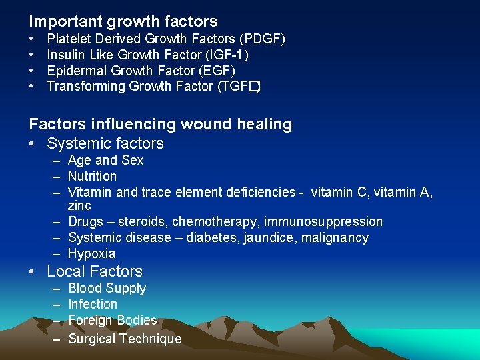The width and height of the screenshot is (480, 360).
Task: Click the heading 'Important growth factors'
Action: click(123, 21)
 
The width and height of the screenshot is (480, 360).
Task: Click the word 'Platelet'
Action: click(68, 39)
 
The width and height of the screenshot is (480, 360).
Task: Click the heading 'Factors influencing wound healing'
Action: click(160, 124)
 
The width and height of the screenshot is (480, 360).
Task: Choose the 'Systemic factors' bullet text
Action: click(105, 143)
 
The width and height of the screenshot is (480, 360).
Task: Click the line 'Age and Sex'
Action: click(105, 160)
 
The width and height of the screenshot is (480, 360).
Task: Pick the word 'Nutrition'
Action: click(92, 176)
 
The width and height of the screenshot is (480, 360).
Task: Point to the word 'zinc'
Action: click(79, 206)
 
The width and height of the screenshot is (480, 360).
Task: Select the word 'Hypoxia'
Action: click(91, 253)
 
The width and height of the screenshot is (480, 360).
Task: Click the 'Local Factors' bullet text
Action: click(95, 271)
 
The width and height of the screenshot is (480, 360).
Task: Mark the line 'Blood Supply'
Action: click(107, 288)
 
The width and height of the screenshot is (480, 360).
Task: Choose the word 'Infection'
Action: click(93, 304)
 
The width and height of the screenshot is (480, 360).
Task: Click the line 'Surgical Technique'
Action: click(125, 339)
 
